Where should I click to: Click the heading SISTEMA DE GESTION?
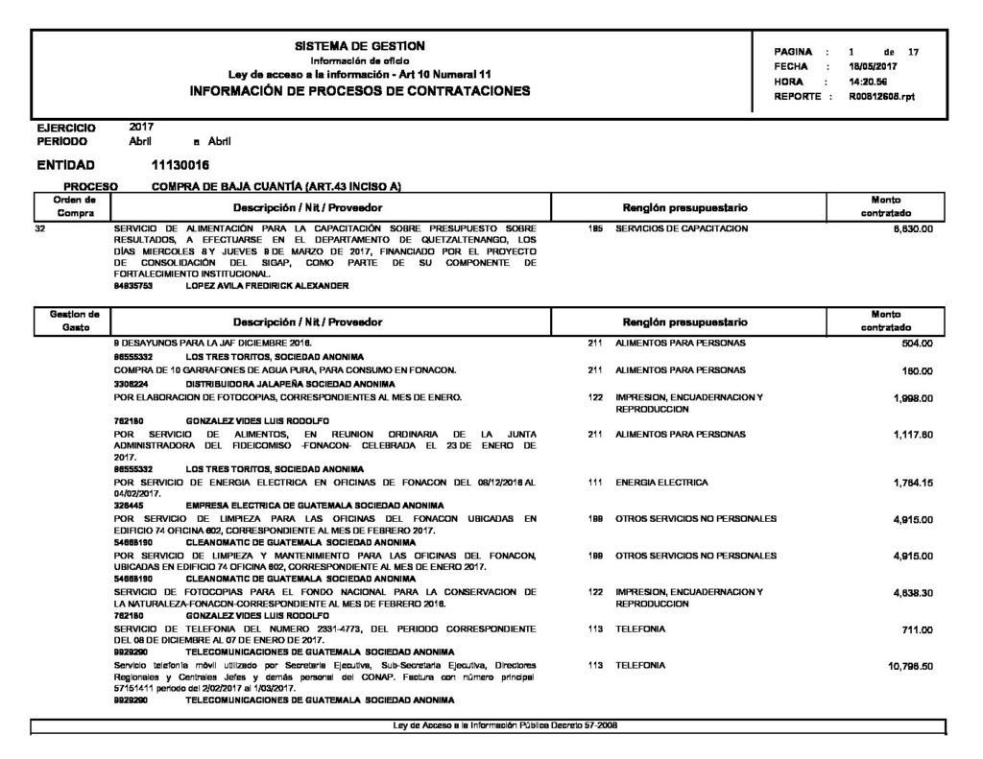[360, 46]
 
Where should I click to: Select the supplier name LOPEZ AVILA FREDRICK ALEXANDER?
[267, 286]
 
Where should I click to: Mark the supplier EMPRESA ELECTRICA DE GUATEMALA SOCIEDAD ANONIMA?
[314, 505]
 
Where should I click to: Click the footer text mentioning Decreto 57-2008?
[506, 725]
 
